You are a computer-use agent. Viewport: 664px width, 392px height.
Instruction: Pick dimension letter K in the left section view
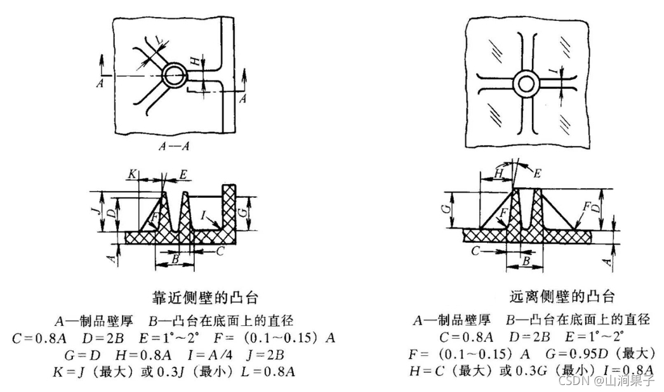(131, 173)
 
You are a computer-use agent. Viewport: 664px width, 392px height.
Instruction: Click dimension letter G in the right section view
(446, 207)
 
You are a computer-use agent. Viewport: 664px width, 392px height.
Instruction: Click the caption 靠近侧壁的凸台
(206, 296)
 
